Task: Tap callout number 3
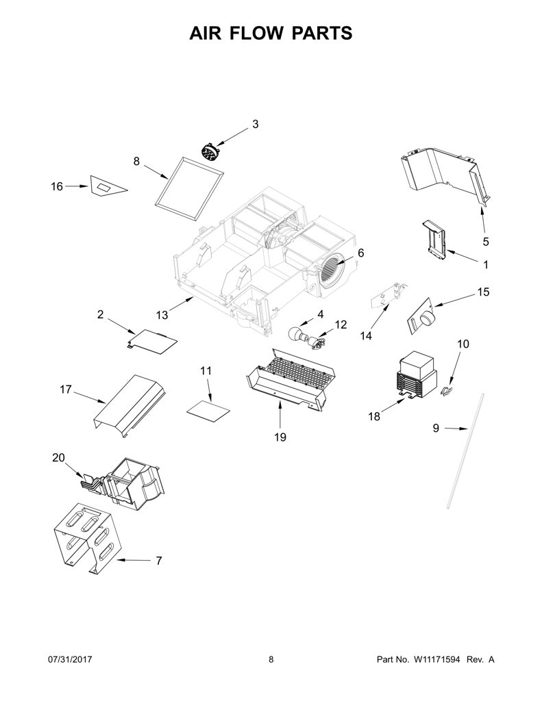pos(255,125)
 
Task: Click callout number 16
pos(57,186)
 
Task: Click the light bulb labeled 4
pos(297,333)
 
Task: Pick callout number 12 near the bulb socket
pos(341,324)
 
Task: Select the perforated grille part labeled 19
pos(291,380)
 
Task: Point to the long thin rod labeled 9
pos(465,450)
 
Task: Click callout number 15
pos(483,292)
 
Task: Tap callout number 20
pos(59,458)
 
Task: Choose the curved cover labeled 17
pos(130,406)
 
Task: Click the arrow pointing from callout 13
pos(182,306)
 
